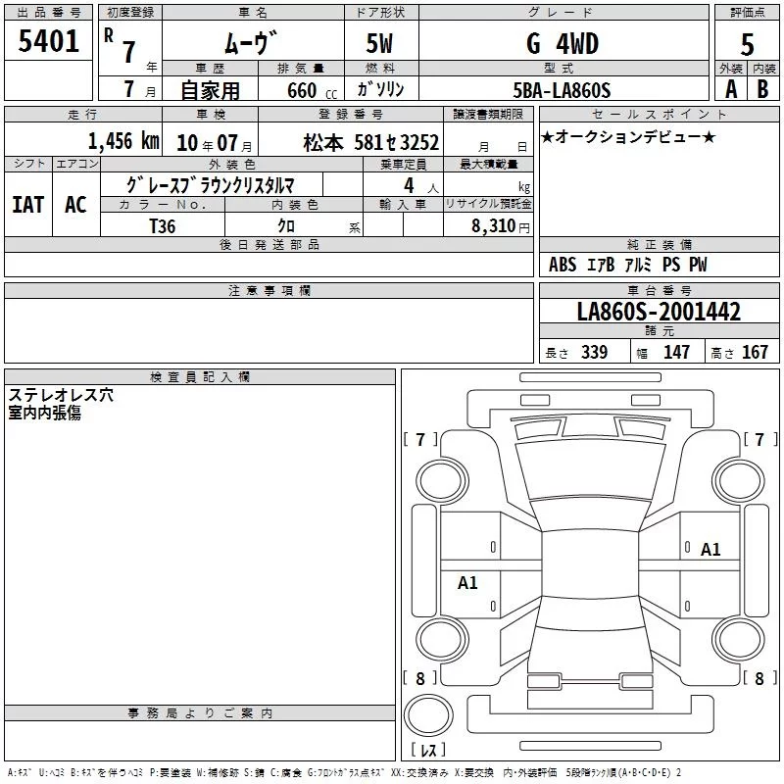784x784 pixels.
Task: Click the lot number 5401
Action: (x=48, y=41)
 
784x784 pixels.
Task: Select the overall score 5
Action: (x=747, y=44)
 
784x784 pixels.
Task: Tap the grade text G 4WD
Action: (x=563, y=43)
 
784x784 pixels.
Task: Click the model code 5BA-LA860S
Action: (x=562, y=90)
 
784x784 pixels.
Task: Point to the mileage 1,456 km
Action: (x=123, y=141)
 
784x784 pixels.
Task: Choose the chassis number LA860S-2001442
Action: (x=659, y=312)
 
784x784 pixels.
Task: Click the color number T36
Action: (x=163, y=226)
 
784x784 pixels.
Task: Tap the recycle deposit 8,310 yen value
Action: (x=501, y=226)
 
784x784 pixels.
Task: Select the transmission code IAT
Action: (x=28, y=205)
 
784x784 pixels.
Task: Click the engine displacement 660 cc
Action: (x=312, y=90)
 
